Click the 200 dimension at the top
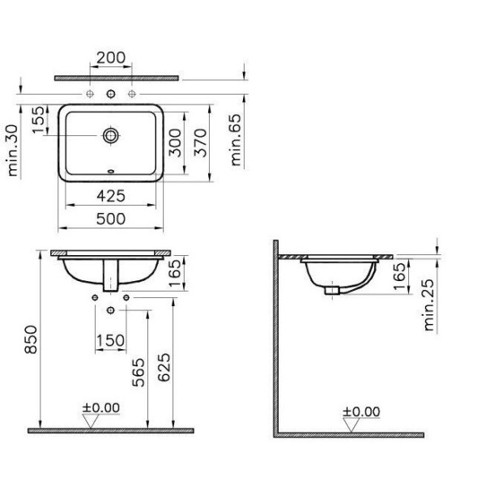111,58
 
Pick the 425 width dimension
111,194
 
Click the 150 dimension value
111,340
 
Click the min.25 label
430,305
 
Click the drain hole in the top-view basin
111,134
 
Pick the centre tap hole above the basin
111,94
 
